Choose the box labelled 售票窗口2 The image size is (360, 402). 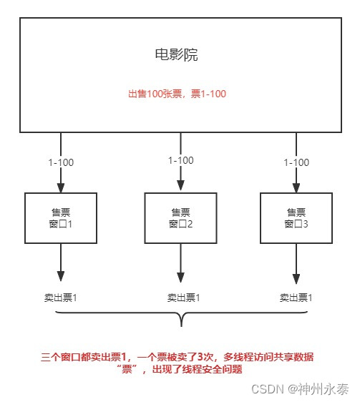point(180,217)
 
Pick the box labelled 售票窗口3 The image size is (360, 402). point(296,217)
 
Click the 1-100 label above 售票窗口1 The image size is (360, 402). point(60,162)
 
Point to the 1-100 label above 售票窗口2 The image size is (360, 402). point(180,160)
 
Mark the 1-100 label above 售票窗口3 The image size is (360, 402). point(296,162)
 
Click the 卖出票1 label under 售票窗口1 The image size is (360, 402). point(60,297)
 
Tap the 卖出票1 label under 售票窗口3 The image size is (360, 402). point(296,297)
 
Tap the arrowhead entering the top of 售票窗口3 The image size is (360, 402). point(296,188)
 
